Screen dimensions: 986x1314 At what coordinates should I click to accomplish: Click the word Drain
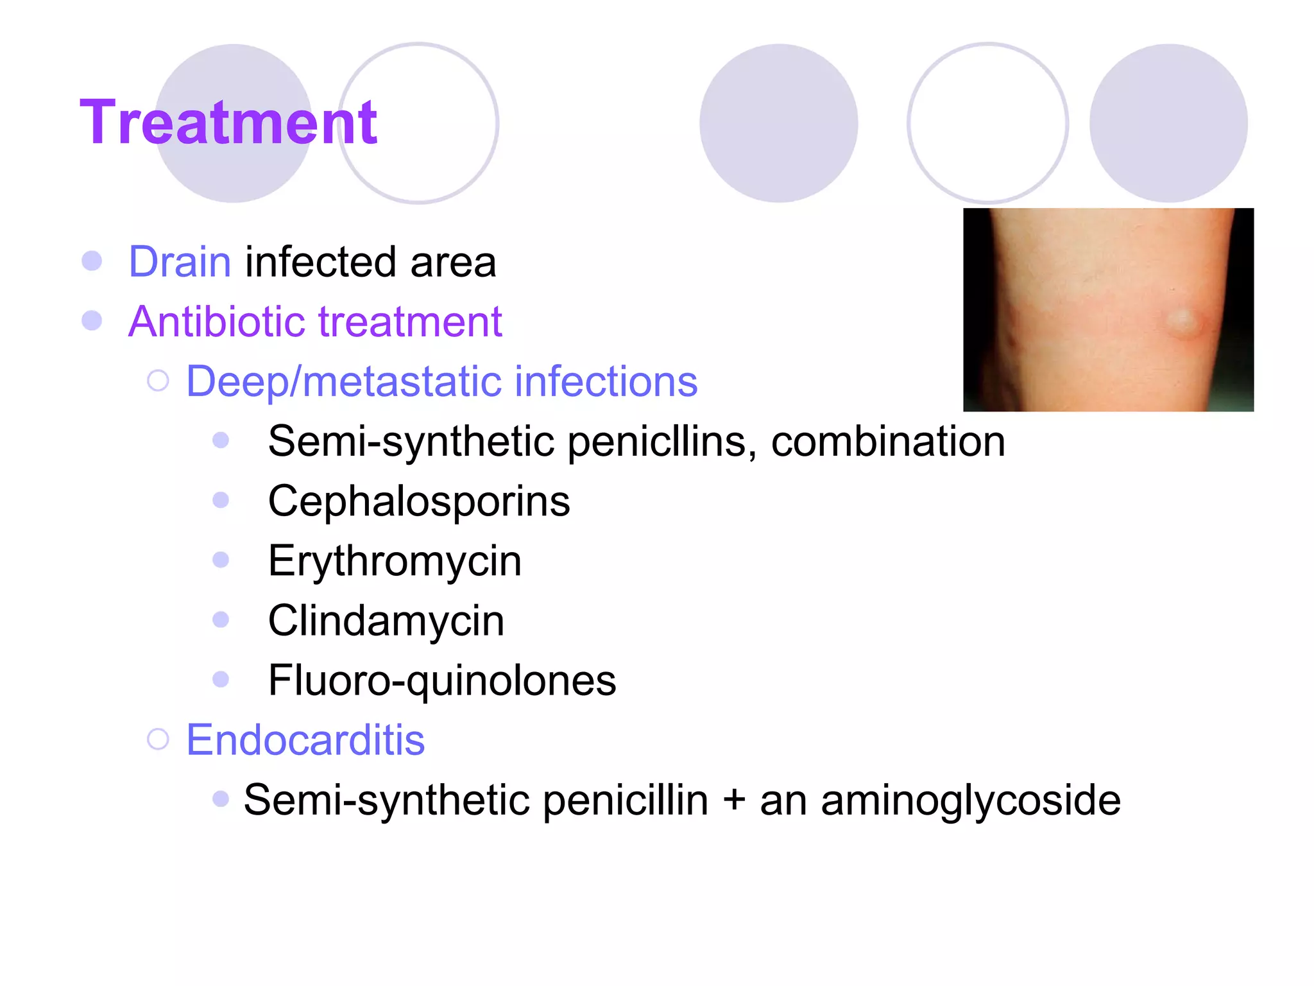pos(180,262)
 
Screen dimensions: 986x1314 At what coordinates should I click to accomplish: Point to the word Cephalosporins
pos(418,501)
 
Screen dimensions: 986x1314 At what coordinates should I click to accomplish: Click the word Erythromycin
pos(395,561)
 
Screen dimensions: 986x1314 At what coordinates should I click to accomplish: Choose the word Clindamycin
pos(386,621)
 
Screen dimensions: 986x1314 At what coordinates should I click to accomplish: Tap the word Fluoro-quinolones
pos(442,680)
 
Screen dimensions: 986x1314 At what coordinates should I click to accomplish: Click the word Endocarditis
pos(305,740)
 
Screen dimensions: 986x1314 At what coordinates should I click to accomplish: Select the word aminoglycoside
pos(970,800)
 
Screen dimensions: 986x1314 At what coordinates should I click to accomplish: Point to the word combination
pos(888,442)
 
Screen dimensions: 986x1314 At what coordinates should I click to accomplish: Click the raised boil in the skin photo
pos(1179,322)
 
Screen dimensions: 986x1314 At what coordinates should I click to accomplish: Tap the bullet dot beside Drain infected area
pos(92,261)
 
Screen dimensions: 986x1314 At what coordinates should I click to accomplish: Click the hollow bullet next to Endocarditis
pos(158,739)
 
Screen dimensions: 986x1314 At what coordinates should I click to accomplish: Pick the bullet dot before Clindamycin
pos(221,619)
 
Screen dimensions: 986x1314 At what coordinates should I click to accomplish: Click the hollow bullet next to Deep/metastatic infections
pos(158,381)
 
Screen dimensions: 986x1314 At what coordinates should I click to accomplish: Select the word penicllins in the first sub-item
pos(661,442)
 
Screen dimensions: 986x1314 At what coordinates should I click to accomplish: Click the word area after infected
pos(453,262)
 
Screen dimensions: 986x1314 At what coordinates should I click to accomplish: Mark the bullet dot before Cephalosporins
pos(221,500)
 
